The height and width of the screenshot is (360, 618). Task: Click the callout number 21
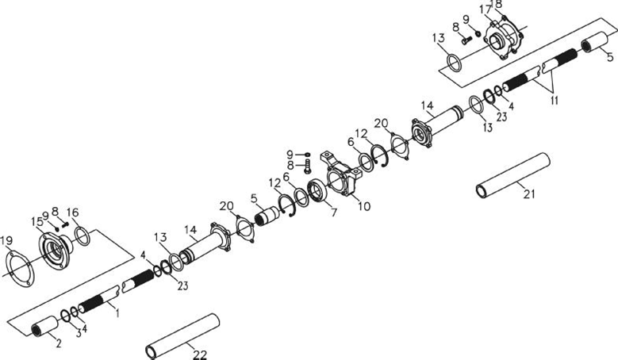coord(529,193)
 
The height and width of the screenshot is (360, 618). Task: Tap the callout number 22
coord(200,355)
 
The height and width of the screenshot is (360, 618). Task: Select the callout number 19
coord(6,240)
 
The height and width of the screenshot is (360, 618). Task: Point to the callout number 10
coord(364,206)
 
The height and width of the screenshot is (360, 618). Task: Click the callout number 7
coord(334,213)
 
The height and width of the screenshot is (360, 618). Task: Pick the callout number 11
coord(555,100)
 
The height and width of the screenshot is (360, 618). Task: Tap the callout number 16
coord(72,213)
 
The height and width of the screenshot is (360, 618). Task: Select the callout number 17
coord(486,9)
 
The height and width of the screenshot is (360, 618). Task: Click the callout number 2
coord(59,343)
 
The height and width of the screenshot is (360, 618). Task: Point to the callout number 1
coord(117,313)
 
